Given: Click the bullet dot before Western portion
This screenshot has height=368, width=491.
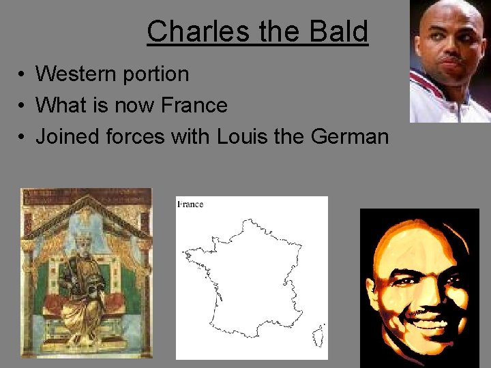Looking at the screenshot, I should (23, 74).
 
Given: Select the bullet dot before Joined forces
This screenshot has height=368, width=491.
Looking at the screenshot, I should (23, 136).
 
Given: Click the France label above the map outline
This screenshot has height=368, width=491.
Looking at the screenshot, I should (190, 204).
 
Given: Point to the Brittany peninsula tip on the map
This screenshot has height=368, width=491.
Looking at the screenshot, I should (186, 253).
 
